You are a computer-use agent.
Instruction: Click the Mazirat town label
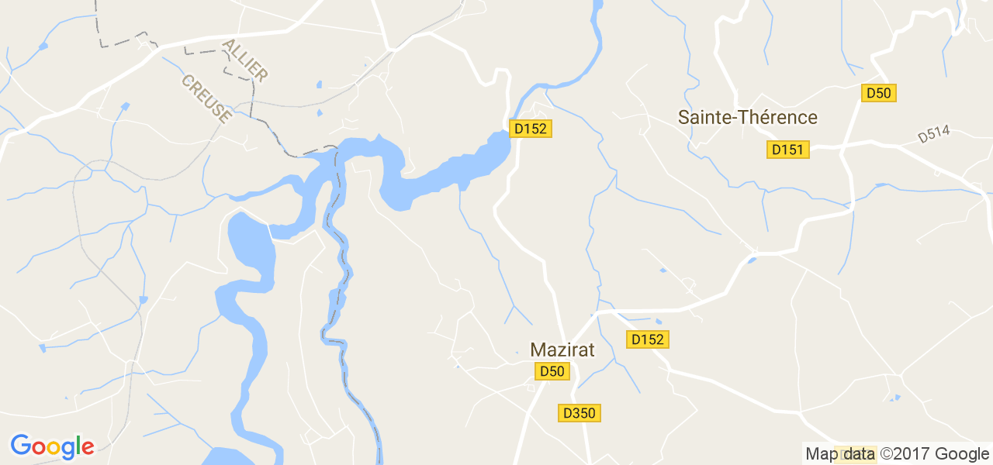[x=562, y=350]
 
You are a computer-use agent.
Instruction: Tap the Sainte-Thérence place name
[x=748, y=118]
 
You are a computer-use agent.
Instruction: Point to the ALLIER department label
[x=245, y=61]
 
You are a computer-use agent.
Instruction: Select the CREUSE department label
[x=206, y=98]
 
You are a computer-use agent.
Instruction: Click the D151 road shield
[x=787, y=150]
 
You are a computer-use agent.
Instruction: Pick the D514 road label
[x=933, y=135]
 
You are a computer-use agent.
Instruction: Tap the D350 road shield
[x=580, y=413]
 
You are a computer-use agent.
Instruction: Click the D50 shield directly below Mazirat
[x=552, y=372]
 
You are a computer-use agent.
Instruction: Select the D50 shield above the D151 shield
[x=879, y=93]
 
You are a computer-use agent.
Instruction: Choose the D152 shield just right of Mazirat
[x=648, y=339]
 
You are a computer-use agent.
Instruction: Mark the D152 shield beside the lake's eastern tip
[x=531, y=129]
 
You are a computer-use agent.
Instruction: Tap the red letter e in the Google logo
[x=88, y=447]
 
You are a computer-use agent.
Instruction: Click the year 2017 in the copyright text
[x=916, y=454]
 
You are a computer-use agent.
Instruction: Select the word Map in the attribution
[x=822, y=454]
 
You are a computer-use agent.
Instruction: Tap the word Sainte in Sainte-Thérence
[x=704, y=118]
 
